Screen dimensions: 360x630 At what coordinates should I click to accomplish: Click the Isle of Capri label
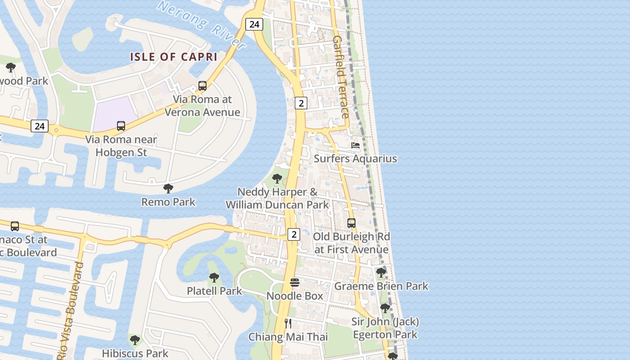tap(174, 57)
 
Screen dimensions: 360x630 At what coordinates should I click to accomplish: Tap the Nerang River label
tap(202, 25)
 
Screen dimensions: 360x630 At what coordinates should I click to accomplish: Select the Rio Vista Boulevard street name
tap(72, 310)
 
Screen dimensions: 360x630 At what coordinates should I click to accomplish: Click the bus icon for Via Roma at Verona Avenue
tap(202, 86)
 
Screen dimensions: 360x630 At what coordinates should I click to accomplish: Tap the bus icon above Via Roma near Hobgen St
tap(121, 126)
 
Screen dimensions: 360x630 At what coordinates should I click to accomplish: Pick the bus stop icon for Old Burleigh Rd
tap(351, 223)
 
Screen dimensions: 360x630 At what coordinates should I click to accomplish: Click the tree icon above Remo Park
tap(168, 188)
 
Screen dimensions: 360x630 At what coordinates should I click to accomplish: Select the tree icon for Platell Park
tap(214, 277)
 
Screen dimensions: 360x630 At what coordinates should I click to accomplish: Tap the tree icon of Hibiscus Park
tap(135, 340)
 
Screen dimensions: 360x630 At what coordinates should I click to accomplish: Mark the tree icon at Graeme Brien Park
tap(381, 272)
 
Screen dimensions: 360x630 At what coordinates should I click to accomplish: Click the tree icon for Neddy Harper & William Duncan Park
tap(277, 178)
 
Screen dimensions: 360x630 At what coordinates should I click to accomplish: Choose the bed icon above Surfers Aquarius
tap(355, 145)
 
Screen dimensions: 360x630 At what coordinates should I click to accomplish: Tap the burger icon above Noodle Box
tap(295, 282)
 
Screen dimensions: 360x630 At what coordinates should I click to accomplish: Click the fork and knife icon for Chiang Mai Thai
tap(288, 323)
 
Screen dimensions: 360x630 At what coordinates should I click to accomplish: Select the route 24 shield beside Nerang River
tap(254, 24)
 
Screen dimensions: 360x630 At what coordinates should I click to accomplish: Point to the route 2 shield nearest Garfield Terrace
tap(301, 103)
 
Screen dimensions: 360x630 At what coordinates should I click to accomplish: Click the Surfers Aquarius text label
tap(355, 159)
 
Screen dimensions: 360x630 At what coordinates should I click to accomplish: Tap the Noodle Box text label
tap(295, 296)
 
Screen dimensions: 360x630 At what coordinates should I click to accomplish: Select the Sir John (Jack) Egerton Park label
tap(385, 328)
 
